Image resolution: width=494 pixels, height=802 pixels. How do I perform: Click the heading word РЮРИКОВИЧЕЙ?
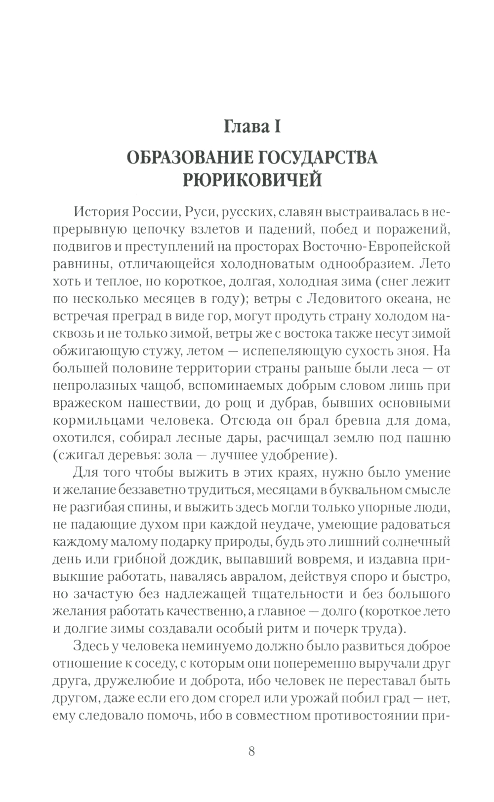point(252,180)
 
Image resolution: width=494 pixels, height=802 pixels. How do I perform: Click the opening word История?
point(101,212)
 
